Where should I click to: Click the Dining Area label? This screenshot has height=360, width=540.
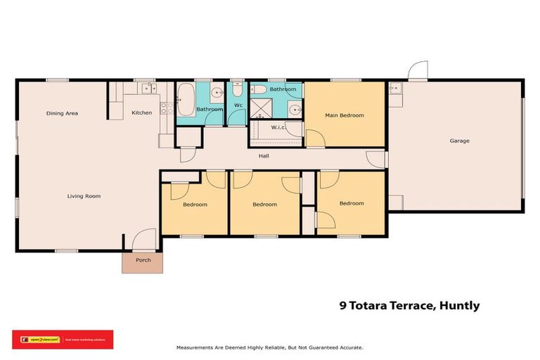(x=62, y=113)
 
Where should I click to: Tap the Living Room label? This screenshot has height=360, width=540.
(x=84, y=196)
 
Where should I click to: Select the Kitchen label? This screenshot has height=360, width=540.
(x=142, y=112)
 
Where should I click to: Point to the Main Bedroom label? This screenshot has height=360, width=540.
(x=345, y=115)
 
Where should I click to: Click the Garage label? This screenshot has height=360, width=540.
(x=460, y=141)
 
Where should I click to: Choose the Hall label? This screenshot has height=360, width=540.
(x=264, y=156)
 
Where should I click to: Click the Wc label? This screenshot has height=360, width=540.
(x=238, y=105)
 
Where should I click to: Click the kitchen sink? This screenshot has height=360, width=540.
(x=148, y=89)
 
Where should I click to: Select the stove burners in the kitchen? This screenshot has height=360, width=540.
(x=167, y=108)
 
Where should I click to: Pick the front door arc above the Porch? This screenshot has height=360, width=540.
(x=144, y=239)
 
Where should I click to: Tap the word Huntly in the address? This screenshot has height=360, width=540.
(x=458, y=305)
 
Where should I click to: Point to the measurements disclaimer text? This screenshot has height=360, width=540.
(x=269, y=348)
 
